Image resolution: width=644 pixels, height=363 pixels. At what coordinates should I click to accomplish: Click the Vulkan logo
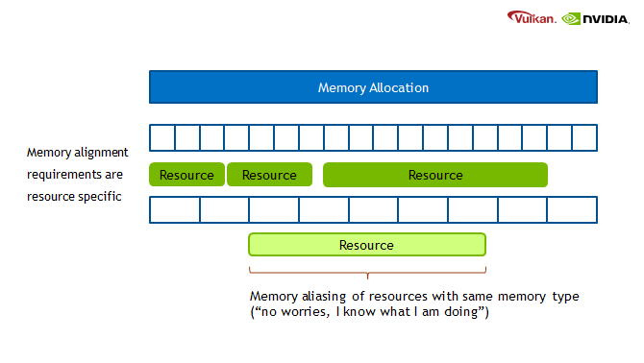pyautogui.click(x=532, y=17)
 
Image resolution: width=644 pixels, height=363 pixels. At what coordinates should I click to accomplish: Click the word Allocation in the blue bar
pyautogui.click(x=399, y=87)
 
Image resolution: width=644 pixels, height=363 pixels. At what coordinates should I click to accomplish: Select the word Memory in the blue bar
pyautogui.click(x=341, y=87)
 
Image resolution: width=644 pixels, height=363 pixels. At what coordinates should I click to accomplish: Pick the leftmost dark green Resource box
pyautogui.click(x=186, y=175)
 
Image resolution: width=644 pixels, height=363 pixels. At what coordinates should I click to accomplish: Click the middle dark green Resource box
pyautogui.click(x=269, y=175)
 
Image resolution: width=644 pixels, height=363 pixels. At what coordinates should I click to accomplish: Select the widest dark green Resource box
pyautogui.click(x=434, y=175)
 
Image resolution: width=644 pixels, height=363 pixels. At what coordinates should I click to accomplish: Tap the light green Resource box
pyautogui.click(x=366, y=245)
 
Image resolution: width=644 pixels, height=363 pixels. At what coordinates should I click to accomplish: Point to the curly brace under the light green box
pyautogui.click(x=366, y=272)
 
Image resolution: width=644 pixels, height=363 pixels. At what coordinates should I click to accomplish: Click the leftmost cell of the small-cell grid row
pyautogui.click(x=162, y=138)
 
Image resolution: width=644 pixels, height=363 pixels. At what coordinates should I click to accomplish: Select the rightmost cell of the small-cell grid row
pyautogui.click(x=584, y=138)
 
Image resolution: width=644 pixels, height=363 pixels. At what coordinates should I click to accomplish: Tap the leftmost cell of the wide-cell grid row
pyautogui.click(x=175, y=209)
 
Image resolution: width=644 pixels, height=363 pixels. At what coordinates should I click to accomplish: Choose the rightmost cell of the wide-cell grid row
pyautogui.click(x=572, y=209)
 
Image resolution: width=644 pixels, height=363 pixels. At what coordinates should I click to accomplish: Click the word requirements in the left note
pyautogui.click(x=63, y=175)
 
